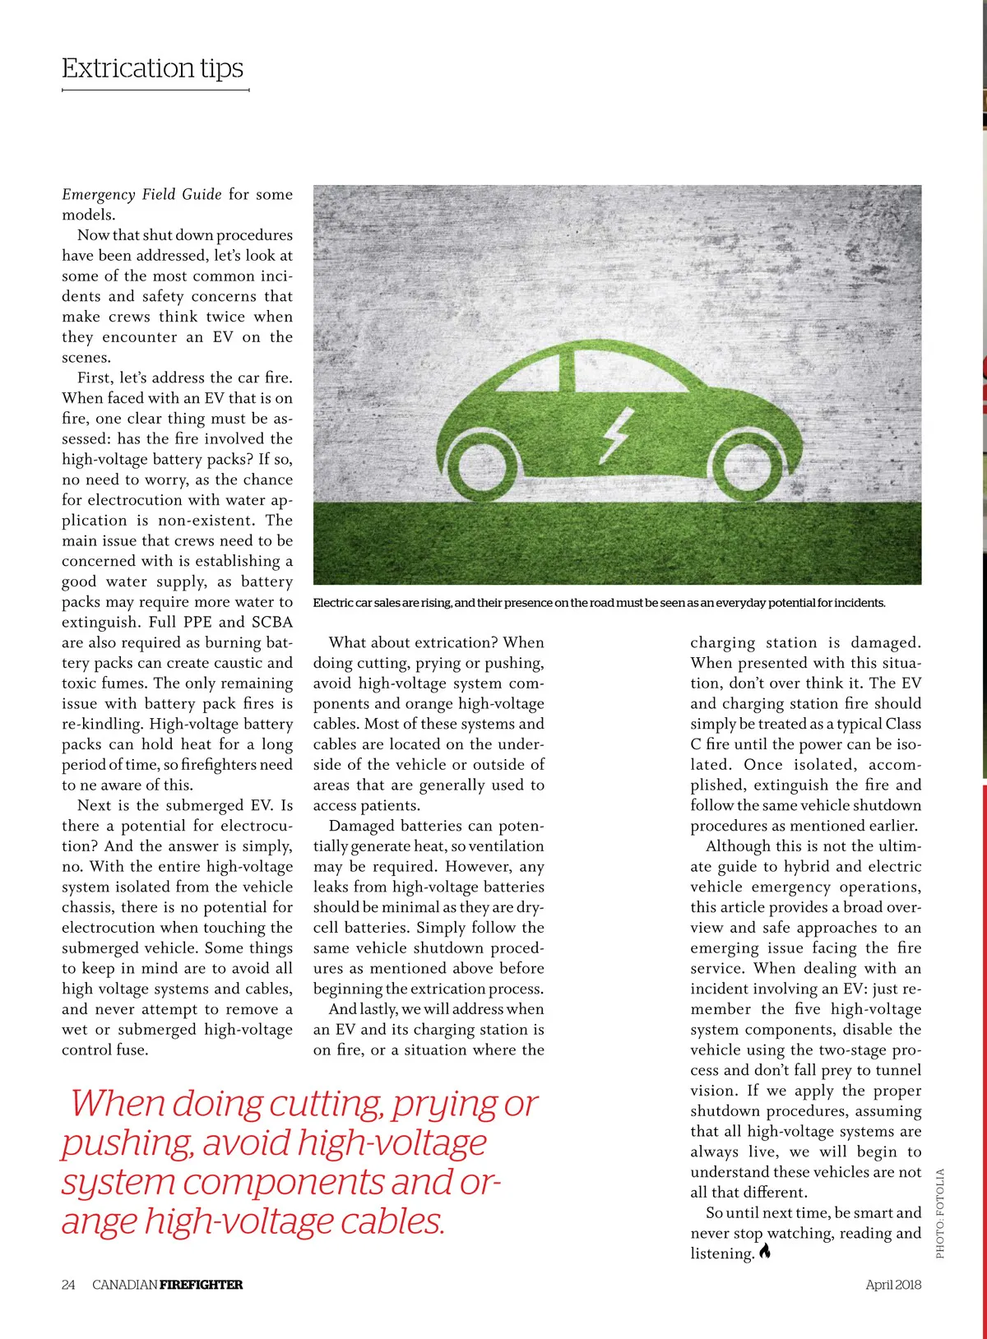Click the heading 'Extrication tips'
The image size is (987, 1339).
tap(153, 67)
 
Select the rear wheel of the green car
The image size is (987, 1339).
tap(488, 465)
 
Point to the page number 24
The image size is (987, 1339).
tap(68, 1285)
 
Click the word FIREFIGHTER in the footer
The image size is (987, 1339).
tap(202, 1285)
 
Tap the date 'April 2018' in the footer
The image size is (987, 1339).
tap(893, 1285)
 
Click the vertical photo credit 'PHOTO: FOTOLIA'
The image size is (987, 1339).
tap(940, 1213)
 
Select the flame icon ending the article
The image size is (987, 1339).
tap(766, 1253)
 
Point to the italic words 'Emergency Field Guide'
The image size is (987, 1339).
tap(141, 194)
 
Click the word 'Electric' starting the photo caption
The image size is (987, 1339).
tap(332, 603)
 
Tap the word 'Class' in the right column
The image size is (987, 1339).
tap(902, 724)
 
